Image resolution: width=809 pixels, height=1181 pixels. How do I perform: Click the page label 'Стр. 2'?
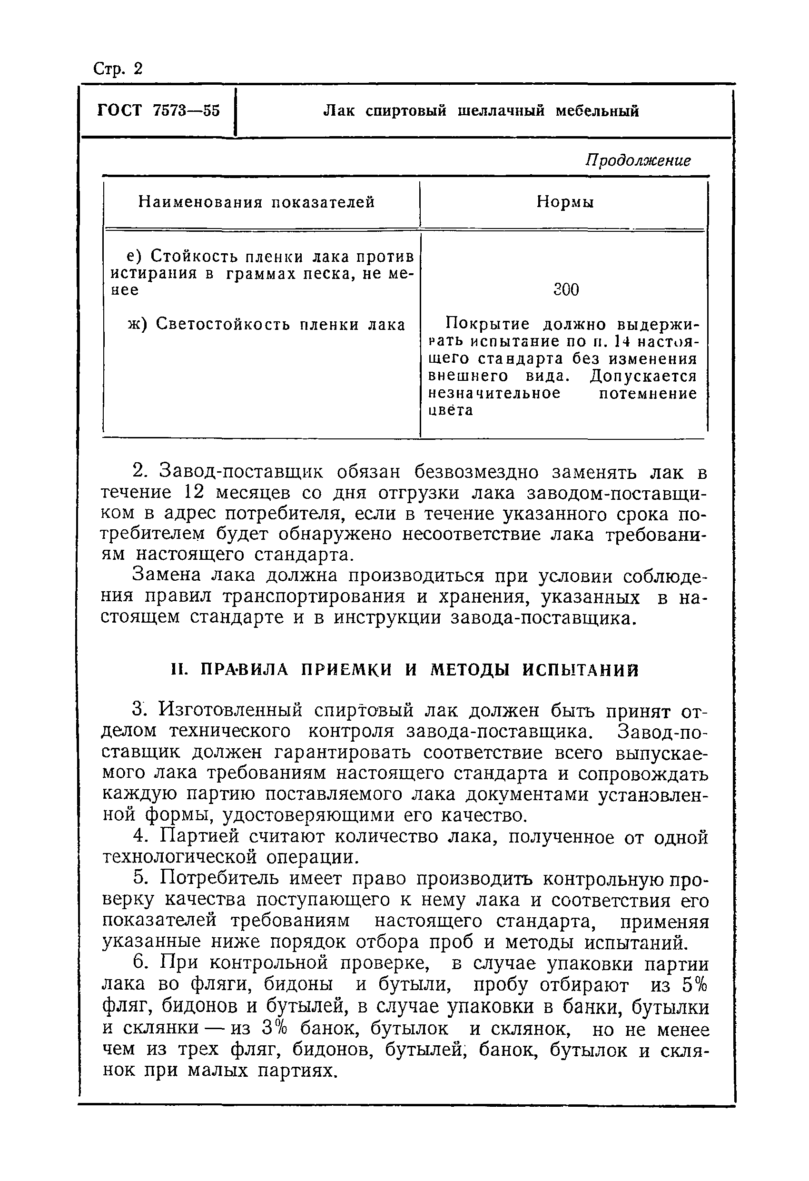pyautogui.click(x=118, y=68)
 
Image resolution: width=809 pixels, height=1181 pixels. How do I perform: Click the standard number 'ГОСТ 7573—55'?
pyautogui.click(x=158, y=110)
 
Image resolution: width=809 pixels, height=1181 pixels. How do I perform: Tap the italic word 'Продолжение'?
pyautogui.click(x=638, y=160)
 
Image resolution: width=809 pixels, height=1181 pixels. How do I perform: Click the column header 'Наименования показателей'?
pyautogui.click(x=257, y=202)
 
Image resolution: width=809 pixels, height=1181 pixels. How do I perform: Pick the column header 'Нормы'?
pyautogui.click(x=565, y=202)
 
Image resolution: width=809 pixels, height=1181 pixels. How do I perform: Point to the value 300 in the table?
pyautogui.click(x=565, y=290)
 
